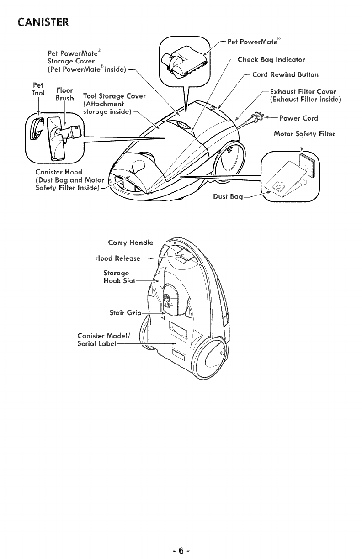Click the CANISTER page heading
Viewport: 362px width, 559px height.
pos(43,22)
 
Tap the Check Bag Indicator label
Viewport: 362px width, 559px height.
pos(271,60)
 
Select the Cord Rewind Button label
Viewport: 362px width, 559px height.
pos(285,74)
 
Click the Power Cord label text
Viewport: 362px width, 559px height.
pos(298,118)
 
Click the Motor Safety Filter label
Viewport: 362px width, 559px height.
pos(304,134)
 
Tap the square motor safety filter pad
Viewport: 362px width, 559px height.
pos(307,165)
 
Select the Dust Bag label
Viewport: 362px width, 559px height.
pos(228,197)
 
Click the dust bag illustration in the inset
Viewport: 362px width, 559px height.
pos(285,179)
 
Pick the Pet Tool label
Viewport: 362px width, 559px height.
pos(38,89)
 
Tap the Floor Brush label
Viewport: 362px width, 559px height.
pos(64,94)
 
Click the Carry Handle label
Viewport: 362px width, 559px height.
pos(130,243)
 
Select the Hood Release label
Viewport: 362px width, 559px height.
pos(117,258)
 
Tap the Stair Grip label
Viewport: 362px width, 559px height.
pos(125,313)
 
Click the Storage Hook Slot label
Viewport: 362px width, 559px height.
pos(119,277)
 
